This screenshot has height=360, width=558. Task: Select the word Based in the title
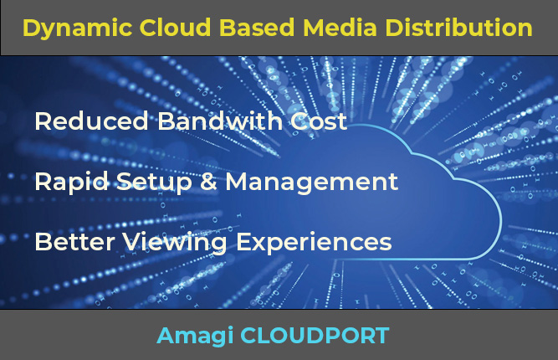(x=251, y=28)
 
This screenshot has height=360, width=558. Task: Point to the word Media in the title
(x=331, y=28)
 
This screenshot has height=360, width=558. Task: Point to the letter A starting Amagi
(x=165, y=336)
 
